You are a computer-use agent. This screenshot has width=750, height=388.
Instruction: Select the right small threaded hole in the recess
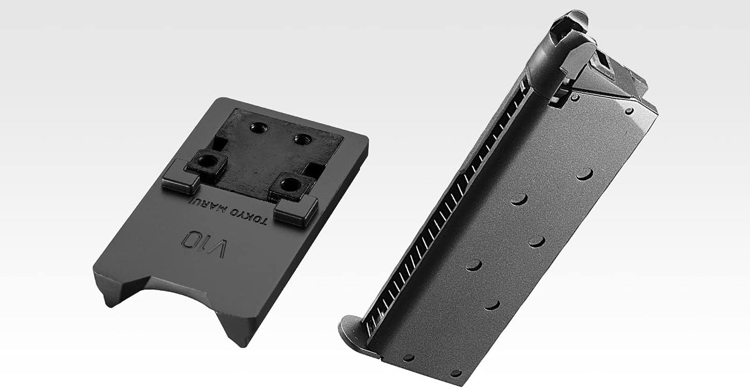point(301,139)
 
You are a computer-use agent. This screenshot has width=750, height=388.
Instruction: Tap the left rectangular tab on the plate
point(180,178)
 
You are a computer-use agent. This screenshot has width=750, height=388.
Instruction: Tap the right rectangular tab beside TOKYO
point(295,210)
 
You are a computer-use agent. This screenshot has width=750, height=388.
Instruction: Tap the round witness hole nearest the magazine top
point(585,175)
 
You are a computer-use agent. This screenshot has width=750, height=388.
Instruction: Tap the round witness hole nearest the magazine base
point(492,304)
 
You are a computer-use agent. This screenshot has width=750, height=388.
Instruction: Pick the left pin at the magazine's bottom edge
point(408,357)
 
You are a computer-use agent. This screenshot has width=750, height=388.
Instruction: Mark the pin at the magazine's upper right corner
point(629,111)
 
